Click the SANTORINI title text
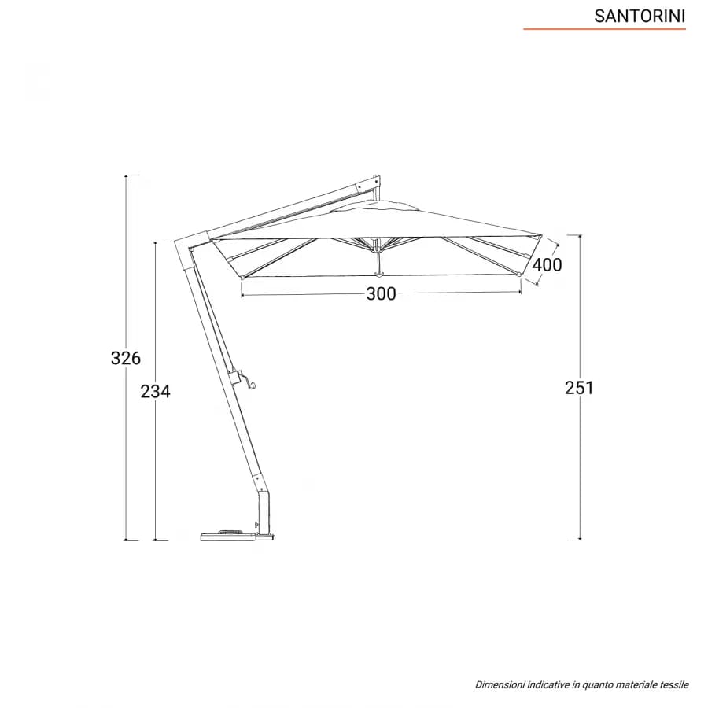[640, 17]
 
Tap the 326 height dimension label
[126, 358]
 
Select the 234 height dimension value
[155, 392]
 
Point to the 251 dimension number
[579, 388]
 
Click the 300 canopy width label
[381, 294]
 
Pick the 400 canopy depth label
[547, 264]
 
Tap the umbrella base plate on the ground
[238, 535]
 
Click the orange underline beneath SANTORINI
[605, 29]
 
